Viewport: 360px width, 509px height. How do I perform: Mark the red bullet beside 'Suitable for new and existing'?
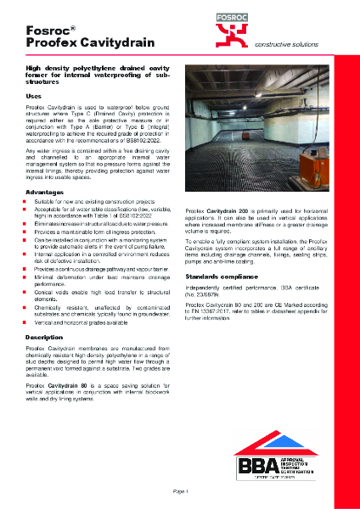(x=29, y=204)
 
